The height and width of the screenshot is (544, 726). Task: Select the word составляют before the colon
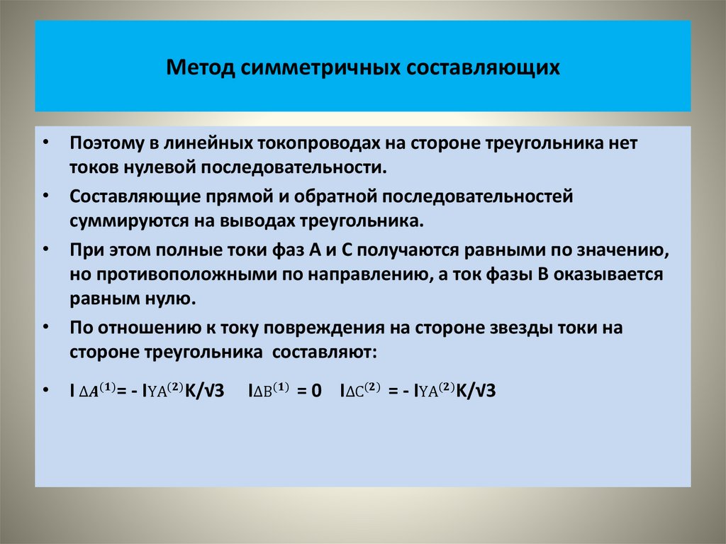(x=327, y=352)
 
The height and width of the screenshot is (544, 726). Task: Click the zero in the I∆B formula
(x=316, y=391)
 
